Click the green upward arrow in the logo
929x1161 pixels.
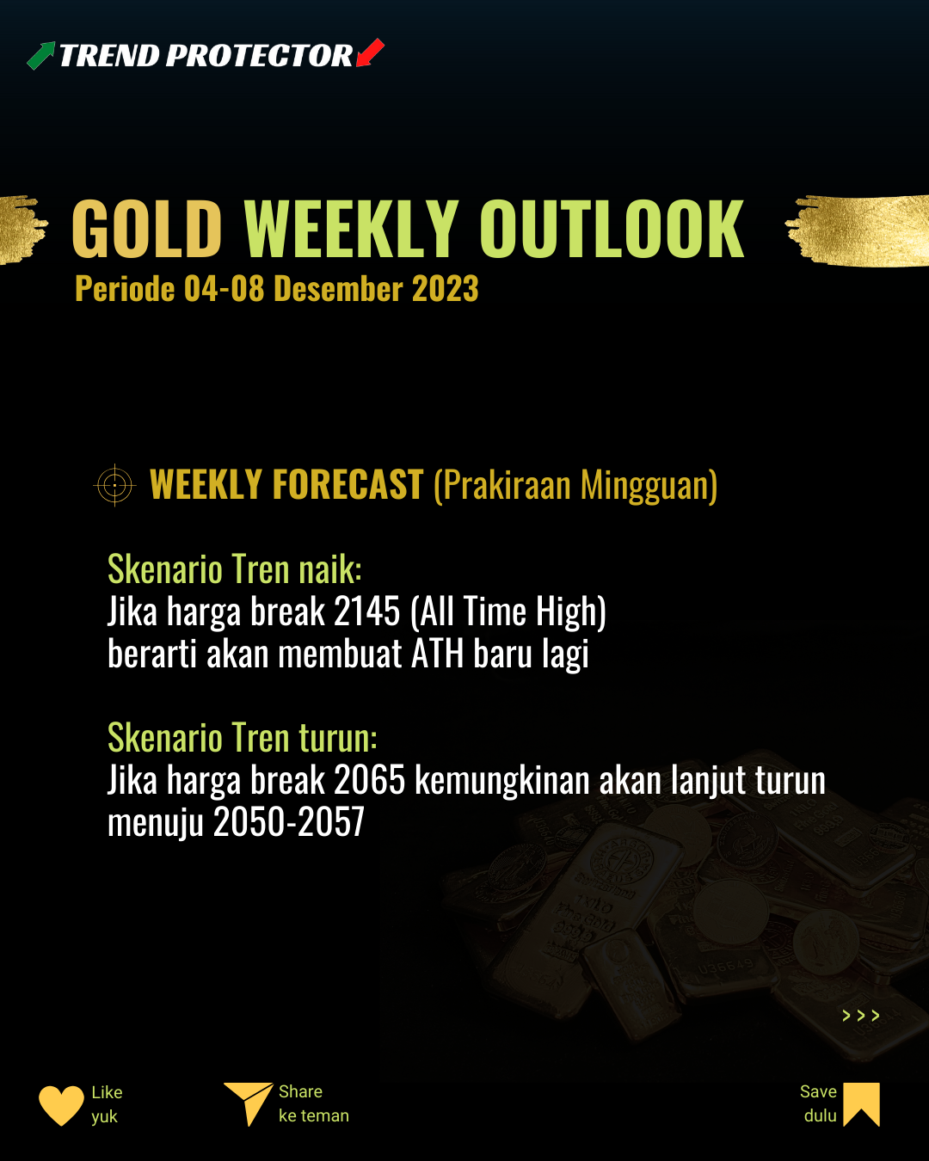[41, 56]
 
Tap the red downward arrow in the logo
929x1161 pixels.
[370, 52]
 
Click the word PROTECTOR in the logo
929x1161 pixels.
[259, 56]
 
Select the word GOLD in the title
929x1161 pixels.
[147, 228]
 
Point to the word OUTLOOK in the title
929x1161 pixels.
[612, 228]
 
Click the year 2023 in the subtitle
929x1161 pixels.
[446, 288]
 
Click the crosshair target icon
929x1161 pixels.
[115, 485]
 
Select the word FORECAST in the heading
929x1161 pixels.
[348, 484]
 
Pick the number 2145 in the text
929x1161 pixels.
[367, 611]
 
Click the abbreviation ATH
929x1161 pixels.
[438, 654]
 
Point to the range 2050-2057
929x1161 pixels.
[289, 821]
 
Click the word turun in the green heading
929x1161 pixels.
[338, 738]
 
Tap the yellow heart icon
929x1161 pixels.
[62, 1105]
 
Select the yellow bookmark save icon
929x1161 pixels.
[862, 1104]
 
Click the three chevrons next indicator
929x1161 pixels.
[861, 1016]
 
